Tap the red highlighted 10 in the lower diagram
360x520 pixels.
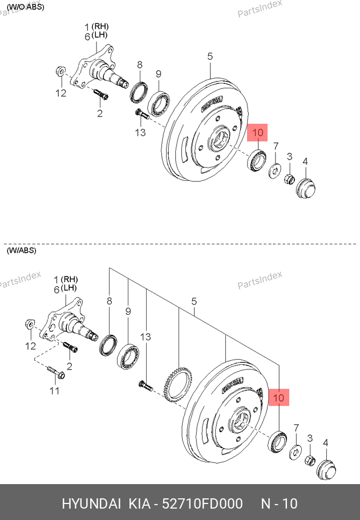tap(279, 397)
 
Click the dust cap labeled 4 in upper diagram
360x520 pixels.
tap(306, 188)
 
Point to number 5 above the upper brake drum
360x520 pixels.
tap(210, 56)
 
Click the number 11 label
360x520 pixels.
tap(54, 391)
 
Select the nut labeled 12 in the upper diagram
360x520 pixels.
tap(60, 72)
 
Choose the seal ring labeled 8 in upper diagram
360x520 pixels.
tap(138, 92)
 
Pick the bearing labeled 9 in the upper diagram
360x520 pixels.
tap(160, 103)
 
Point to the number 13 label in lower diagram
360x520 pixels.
tap(146, 337)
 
